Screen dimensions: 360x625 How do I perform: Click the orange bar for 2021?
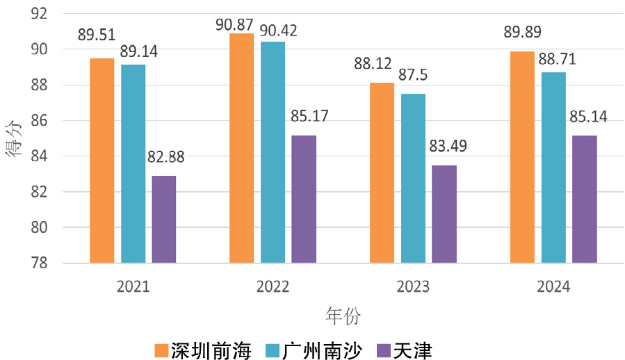point(102,161)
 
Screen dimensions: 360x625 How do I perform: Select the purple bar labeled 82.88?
point(164,219)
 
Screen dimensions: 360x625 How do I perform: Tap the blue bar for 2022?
point(273,152)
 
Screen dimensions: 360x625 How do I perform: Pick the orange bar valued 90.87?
point(242,148)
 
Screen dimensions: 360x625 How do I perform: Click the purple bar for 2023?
point(444,214)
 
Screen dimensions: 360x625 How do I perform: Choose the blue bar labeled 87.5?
point(413,178)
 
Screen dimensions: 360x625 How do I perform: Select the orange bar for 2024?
point(522,157)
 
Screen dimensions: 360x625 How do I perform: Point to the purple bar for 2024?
point(585,199)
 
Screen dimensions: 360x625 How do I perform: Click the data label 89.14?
point(138,51)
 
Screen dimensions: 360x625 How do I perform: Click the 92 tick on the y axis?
point(38,13)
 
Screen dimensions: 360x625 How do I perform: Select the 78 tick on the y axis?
point(38,263)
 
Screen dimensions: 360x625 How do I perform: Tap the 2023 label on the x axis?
point(412,286)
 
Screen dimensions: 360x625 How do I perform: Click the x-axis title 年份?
point(343,316)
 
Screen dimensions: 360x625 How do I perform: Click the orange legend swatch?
point(161,350)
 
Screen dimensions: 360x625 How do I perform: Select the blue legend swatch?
point(273,350)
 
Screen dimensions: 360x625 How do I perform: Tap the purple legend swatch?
point(383,350)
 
